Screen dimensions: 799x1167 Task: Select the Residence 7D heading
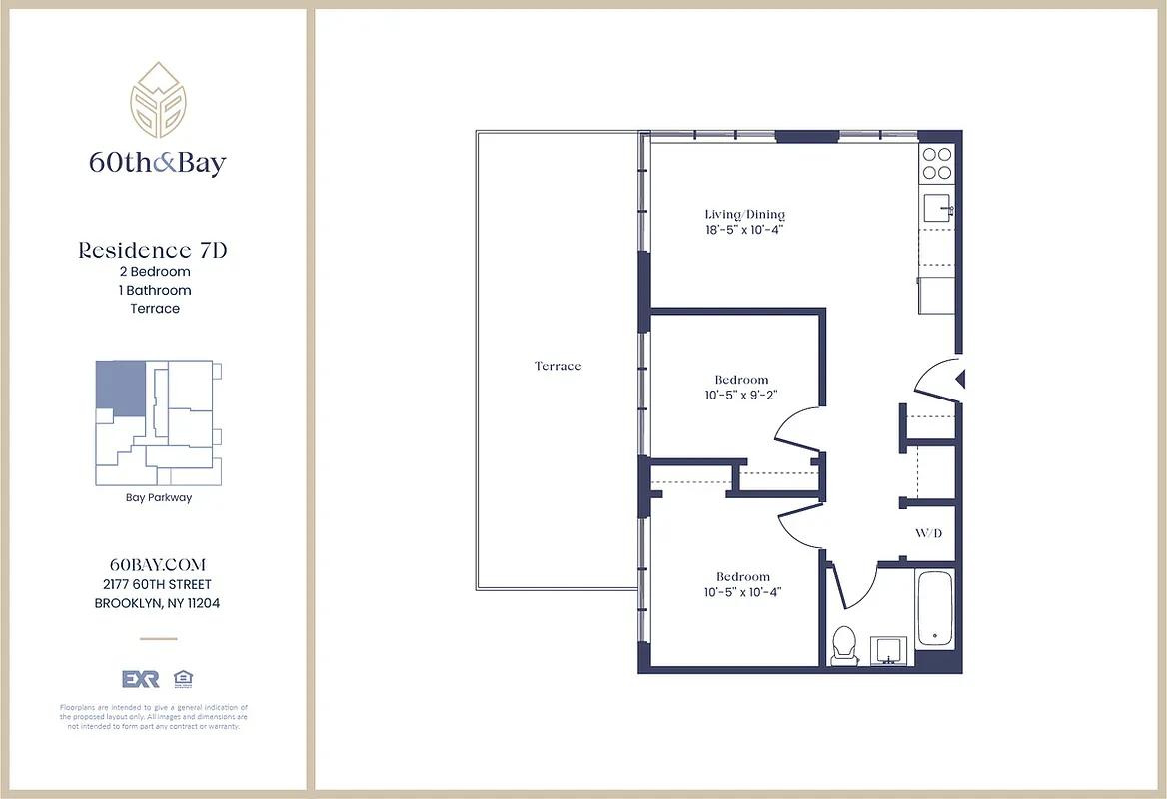[153, 250]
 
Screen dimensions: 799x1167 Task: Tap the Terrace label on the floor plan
[558, 366]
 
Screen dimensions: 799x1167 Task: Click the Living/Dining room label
[745, 214]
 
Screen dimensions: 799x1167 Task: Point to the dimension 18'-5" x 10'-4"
[745, 230]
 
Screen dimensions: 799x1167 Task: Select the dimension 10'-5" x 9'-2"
[741, 395]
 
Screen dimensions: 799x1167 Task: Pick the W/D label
[928, 533]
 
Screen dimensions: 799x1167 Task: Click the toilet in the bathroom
[844, 644]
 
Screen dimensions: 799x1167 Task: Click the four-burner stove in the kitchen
[937, 163]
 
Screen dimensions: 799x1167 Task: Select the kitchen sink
[936, 209]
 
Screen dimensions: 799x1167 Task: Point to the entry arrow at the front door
[960, 379]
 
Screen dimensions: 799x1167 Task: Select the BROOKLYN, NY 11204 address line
[157, 603]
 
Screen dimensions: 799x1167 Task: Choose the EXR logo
[140, 679]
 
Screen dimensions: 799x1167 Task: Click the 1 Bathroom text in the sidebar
[154, 290]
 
